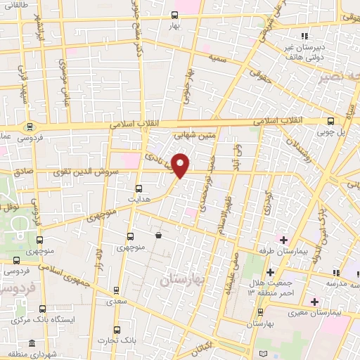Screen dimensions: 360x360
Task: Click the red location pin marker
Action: coord(181,165)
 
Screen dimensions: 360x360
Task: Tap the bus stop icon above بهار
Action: coord(174,15)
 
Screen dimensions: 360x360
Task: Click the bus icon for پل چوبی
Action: coord(331,121)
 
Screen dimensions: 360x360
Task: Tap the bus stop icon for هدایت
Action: coord(139,188)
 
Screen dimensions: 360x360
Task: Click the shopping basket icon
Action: coord(159,235)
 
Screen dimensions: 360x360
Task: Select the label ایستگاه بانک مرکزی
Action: coord(41,320)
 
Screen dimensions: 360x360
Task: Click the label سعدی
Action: coord(117,301)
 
